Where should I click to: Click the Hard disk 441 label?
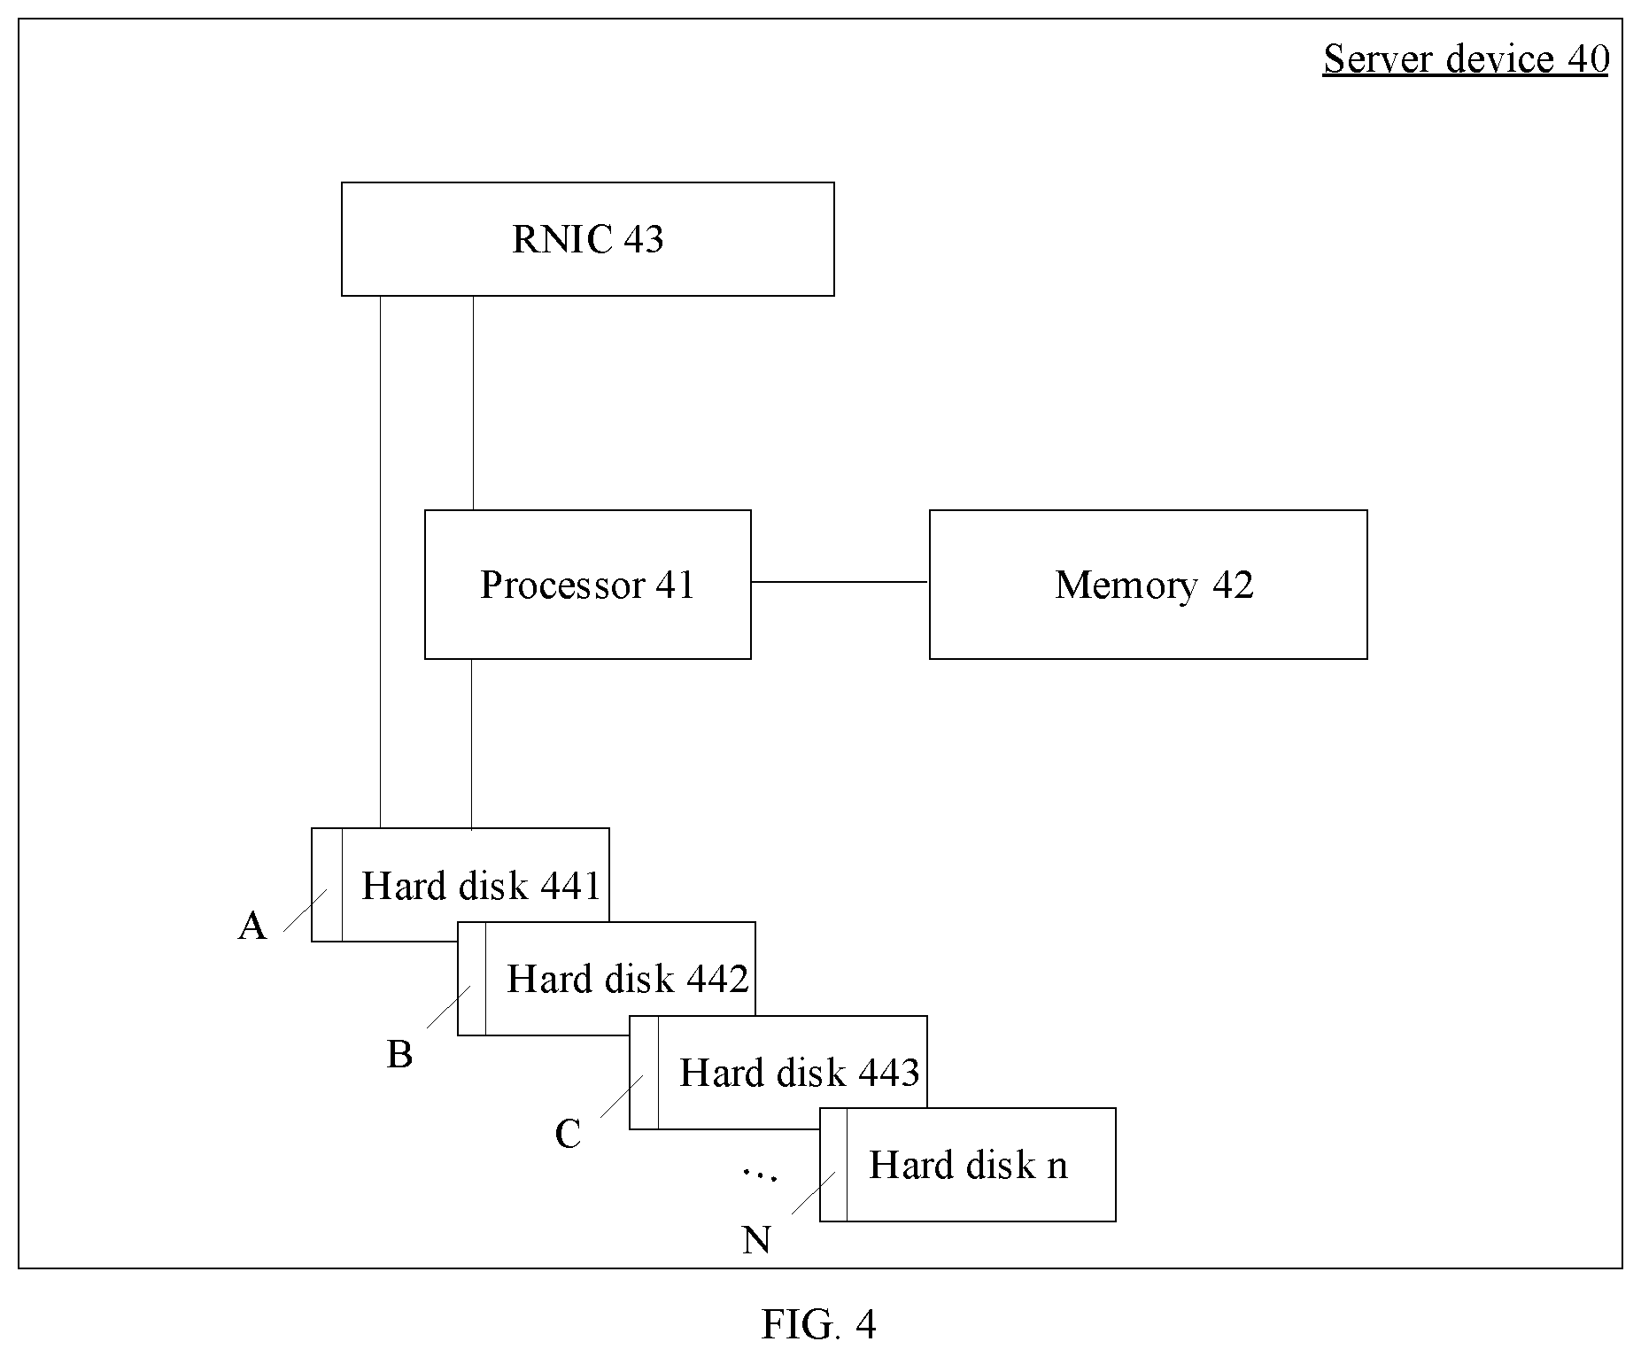[481, 886]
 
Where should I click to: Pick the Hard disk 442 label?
[628, 979]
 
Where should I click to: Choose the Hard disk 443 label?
[800, 1073]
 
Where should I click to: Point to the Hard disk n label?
[969, 1165]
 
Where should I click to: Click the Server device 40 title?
[1466, 59]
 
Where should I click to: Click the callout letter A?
[252, 927]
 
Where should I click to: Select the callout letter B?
[400, 1055]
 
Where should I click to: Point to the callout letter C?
[568, 1134]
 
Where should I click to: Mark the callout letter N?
[756, 1240]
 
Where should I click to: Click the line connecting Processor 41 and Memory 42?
[840, 582]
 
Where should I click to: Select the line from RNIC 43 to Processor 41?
[473, 403]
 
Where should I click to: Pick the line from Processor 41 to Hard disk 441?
[471, 744]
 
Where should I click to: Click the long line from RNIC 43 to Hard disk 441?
[381, 562]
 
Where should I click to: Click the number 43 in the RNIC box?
[643, 239]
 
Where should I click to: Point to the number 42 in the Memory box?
[1233, 585]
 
